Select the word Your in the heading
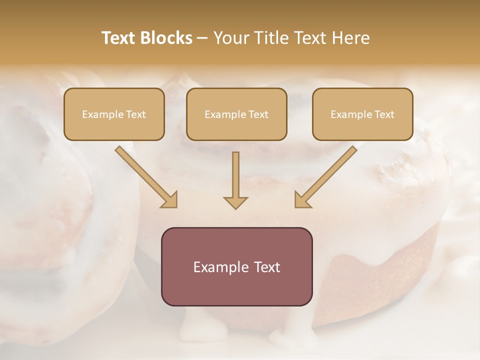[x=230, y=38]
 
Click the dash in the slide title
[x=202, y=38]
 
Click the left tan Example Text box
[x=114, y=114]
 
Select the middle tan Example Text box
[x=236, y=114]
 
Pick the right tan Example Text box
[x=362, y=114]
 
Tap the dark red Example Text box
[x=236, y=266]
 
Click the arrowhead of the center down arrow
[x=235, y=202]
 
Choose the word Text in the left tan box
[x=135, y=114]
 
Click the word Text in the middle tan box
[x=258, y=114]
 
